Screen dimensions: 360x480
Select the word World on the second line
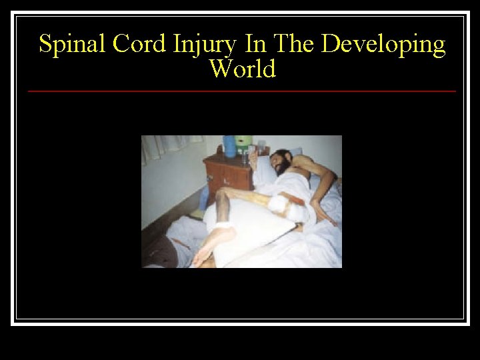point(242,68)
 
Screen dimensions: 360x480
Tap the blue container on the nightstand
point(230,145)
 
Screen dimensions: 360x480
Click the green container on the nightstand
point(245,142)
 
